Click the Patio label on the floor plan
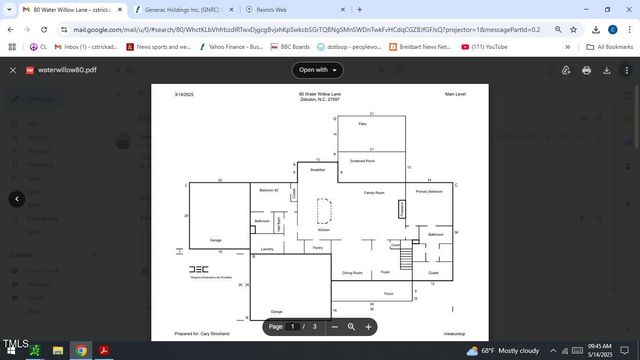coord(362,124)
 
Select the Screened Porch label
coord(362,161)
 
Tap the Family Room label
coord(374,192)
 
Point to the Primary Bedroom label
coord(429,191)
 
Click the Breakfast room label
coord(317,171)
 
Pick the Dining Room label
coord(352,272)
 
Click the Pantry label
coord(317,247)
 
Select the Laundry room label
coord(267,248)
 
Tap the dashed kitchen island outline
coord(324,210)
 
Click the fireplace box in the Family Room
coord(402,209)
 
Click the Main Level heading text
coord(456,94)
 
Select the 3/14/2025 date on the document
coord(182,94)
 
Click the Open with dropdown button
coord(318,70)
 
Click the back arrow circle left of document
coord(16,199)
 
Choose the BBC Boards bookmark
coord(291,46)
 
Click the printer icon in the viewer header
coord(586,70)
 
